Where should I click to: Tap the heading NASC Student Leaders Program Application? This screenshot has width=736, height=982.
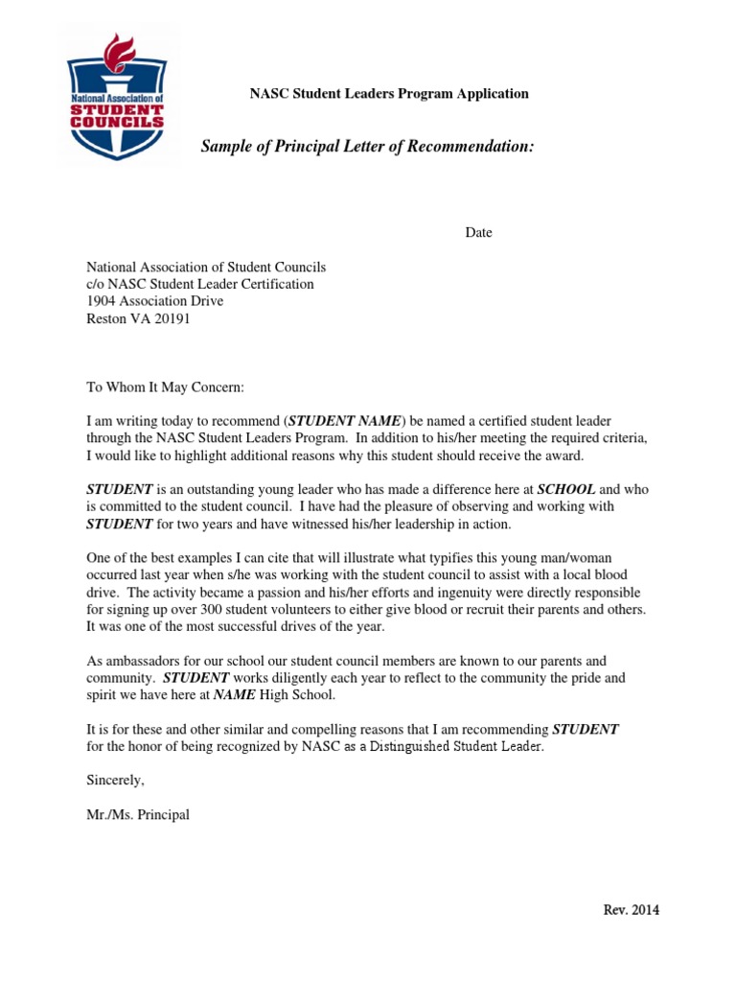(389, 94)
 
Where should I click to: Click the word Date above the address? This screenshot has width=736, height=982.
(479, 233)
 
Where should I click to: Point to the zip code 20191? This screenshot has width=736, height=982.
(171, 319)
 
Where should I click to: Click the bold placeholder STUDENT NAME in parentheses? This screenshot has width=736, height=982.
(345, 421)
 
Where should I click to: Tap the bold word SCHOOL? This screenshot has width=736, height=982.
(566, 488)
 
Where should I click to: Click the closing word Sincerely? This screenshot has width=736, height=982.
(115, 780)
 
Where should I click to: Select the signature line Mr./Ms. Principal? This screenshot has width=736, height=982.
(138, 815)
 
